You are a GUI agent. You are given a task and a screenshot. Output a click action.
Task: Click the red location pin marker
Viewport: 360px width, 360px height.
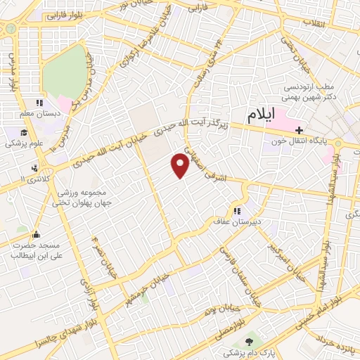[x=180, y=165]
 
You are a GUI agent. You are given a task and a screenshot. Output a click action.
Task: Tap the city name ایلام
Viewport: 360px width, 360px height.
[x=260, y=115]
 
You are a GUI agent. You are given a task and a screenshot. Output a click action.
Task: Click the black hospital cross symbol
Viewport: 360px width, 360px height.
[x=300, y=130]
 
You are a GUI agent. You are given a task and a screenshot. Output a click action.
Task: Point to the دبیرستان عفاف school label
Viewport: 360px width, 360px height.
[x=237, y=220]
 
